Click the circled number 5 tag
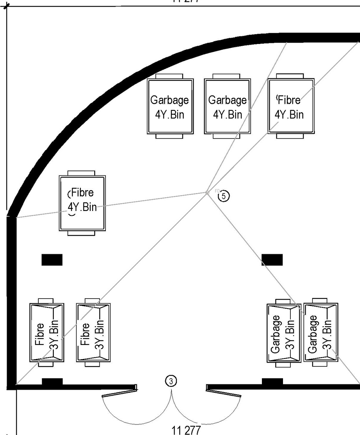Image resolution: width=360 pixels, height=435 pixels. pyautogui.click(x=224, y=196)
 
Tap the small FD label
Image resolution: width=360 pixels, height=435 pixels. pyautogui.click(x=217, y=191)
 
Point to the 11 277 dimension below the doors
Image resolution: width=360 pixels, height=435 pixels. pyautogui.click(x=186, y=430)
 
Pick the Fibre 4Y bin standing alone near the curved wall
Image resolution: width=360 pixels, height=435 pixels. pyautogui.click(x=82, y=203)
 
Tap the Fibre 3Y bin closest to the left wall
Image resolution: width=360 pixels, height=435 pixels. pyautogui.click(x=46, y=333)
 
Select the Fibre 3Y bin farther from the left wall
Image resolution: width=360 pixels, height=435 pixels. pyautogui.click(x=93, y=333)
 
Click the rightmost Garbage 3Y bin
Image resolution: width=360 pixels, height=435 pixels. pyautogui.click(x=321, y=333)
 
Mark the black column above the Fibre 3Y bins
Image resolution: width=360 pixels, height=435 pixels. pyautogui.click(x=52, y=260)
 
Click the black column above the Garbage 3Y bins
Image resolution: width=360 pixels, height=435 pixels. pyautogui.click(x=272, y=260)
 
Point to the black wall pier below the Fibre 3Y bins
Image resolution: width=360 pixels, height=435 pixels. pyautogui.click(x=52, y=382)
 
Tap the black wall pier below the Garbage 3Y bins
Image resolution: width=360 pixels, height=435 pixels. pyautogui.click(x=272, y=382)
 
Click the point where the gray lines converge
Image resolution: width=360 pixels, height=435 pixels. pyautogui.click(x=207, y=192)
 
